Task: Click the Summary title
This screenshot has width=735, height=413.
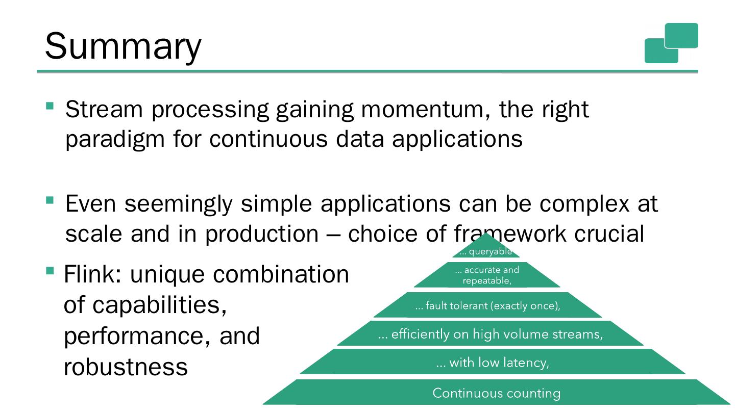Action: (x=123, y=46)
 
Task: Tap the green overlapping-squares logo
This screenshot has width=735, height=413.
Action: (x=671, y=43)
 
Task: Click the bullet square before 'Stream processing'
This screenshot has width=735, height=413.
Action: (x=50, y=106)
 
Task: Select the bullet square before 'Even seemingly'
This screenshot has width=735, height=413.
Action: (x=50, y=200)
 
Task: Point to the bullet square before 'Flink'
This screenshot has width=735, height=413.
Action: (x=50, y=270)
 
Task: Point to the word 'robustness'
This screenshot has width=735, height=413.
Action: (x=126, y=367)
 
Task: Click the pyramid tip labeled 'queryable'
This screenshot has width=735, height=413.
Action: (x=486, y=250)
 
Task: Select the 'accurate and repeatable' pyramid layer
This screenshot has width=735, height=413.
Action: (x=487, y=275)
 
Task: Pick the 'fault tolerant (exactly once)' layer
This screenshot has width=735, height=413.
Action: (x=487, y=306)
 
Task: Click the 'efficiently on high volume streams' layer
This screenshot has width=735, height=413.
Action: (x=490, y=334)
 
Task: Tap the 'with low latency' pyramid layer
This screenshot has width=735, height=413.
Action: (x=493, y=363)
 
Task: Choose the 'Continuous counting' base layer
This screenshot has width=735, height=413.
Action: (x=496, y=393)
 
